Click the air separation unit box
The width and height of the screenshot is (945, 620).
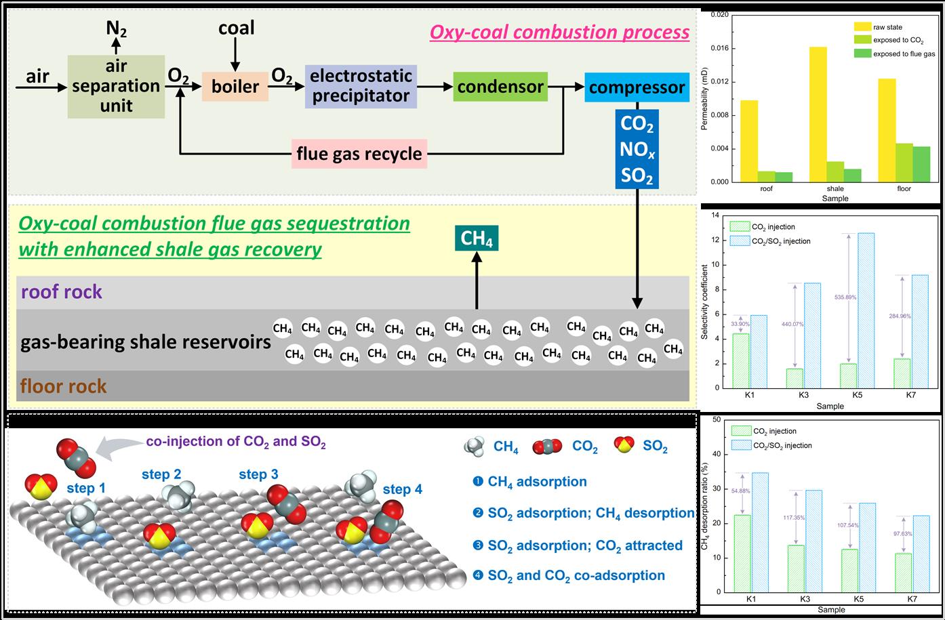tap(116, 87)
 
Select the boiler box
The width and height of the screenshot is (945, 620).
tap(235, 87)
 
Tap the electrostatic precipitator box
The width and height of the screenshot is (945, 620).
tap(361, 86)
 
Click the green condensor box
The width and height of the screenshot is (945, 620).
tap(500, 87)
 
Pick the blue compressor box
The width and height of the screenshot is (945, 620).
tap(637, 87)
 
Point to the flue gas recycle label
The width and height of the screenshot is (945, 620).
tap(359, 154)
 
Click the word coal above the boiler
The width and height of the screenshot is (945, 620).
tap(236, 28)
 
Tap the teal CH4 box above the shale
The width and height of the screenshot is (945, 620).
tap(477, 239)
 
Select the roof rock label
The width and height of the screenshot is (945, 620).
tap(62, 292)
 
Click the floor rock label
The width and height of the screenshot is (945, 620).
tap(64, 386)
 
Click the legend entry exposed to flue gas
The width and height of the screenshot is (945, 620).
tap(904, 54)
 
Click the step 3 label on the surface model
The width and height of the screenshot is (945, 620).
tap(258, 475)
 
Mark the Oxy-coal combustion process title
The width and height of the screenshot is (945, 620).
tap(559, 33)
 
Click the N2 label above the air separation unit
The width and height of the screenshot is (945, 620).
tap(116, 28)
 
